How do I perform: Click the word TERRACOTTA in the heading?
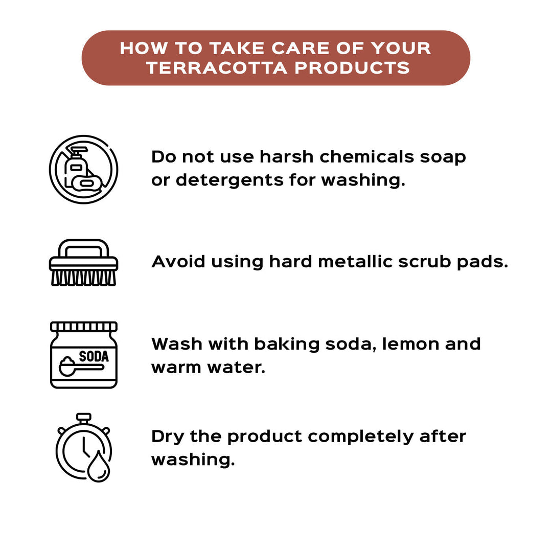click(217, 67)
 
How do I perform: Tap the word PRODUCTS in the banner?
click(352, 67)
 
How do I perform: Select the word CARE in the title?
click(301, 48)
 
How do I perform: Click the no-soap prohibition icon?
click(83, 169)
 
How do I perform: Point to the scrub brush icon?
click(83, 263)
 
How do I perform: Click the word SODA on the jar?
click(94, 357)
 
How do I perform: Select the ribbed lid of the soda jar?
click(83, 327)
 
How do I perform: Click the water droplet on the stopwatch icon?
click(99, 467)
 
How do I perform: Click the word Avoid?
click(178, 262)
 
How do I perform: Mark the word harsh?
click(286, 157)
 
